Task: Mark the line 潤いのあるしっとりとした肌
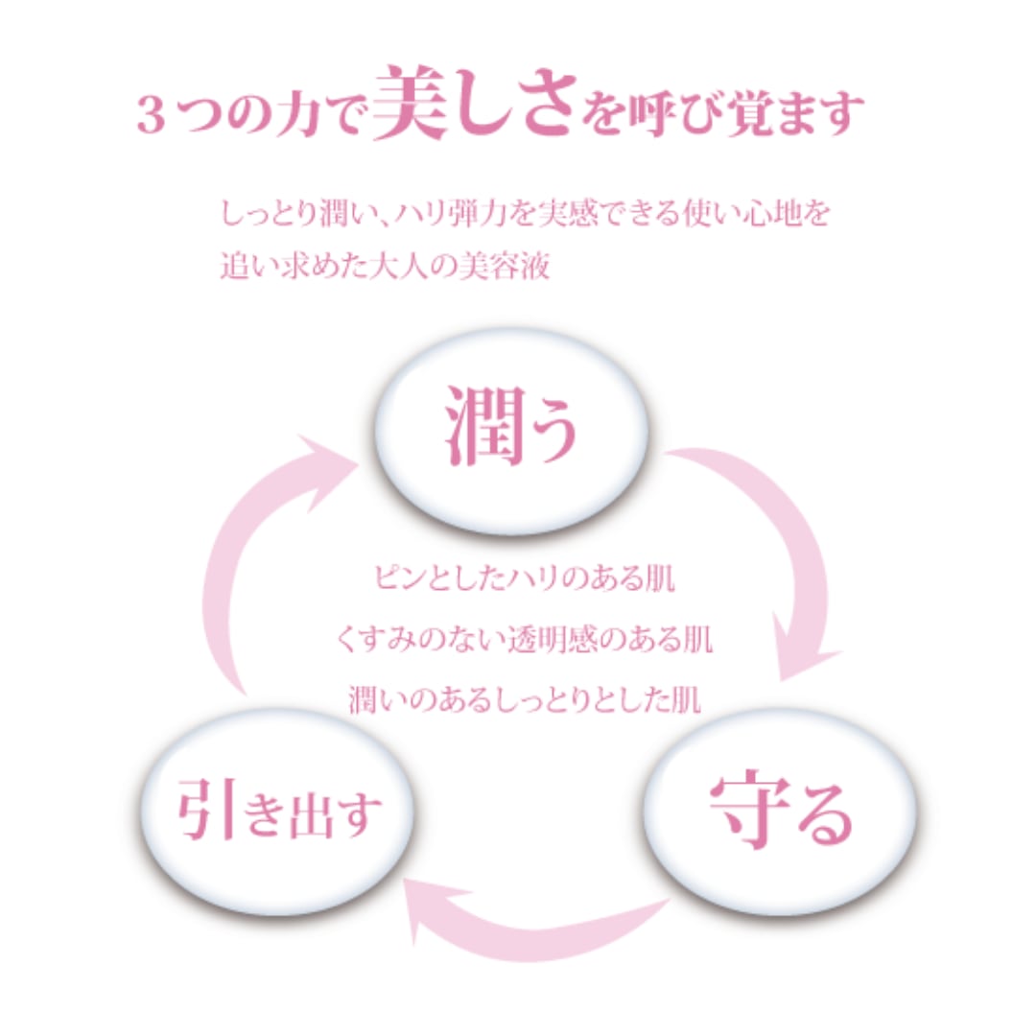coord(523,697)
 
